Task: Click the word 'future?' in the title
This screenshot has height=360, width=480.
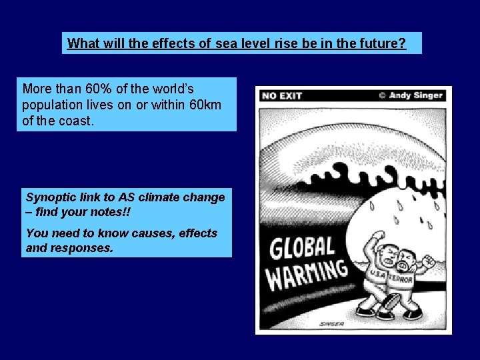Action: [x=383, y=44]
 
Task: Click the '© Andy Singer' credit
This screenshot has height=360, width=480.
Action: [x=411, y=95]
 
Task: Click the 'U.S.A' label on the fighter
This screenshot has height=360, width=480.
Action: [x=377, y=275]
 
